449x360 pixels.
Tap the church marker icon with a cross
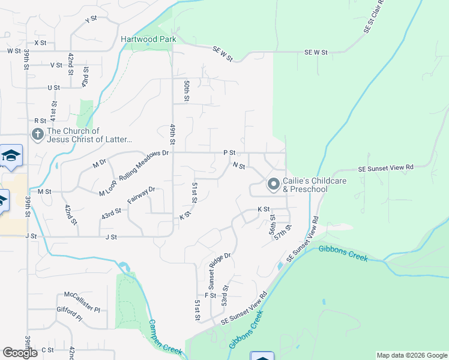(38, 135)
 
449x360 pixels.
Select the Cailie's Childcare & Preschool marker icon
(273, 185)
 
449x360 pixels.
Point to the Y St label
(91, 20)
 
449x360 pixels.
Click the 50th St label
(187, 90)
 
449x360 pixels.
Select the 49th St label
(172, 135)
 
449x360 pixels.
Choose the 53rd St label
(225, 296)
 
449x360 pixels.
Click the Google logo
(20, 353)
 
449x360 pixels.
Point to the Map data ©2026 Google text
(412, 355)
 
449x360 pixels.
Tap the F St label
(210, 295)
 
